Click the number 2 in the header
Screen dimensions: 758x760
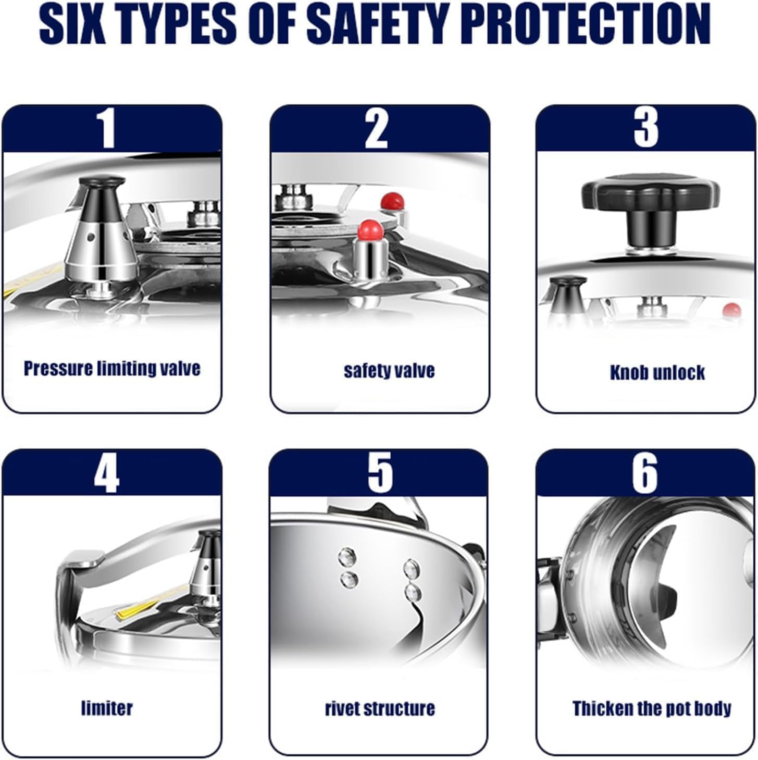(377, 128)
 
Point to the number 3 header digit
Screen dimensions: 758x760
(645, 128)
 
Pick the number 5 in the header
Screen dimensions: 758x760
(380, 472)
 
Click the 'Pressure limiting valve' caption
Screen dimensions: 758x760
(112, 368)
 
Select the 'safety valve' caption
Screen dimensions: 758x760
(390, 371)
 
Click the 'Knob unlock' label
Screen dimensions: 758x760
(657, 373)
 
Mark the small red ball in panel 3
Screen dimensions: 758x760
(731, 310)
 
